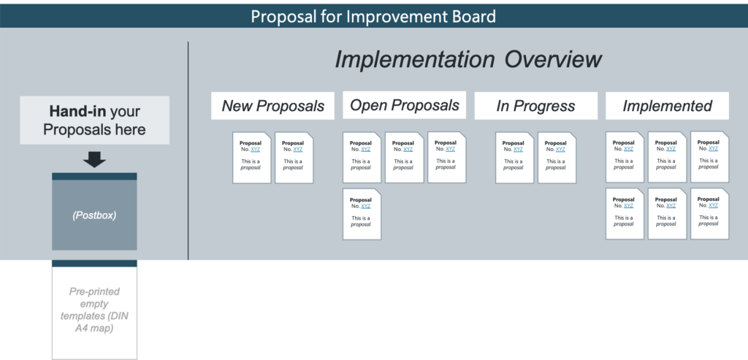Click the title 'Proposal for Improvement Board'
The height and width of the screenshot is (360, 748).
[x=373, y=16]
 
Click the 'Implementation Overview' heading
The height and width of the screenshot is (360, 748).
[x=468, y=60]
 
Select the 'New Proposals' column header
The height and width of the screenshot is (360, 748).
[x=273, y=106]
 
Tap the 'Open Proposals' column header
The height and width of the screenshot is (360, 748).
[x=404, y=105]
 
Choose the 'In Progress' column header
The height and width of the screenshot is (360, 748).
[x=535, y=106]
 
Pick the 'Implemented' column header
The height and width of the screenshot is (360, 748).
[x=667, y=106]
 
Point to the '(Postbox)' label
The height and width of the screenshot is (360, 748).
[x=94, y=215]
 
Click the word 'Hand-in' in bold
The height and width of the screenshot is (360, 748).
[x=77, y=112]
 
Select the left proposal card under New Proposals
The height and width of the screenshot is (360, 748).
[x=251, y=158]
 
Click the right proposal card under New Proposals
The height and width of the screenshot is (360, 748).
[x=294, y=158]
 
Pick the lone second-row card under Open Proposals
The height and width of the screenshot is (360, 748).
[x=362, y=214]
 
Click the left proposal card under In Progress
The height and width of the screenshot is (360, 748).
[x=514, y=158]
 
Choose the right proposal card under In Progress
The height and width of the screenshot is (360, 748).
[x=557, y=158]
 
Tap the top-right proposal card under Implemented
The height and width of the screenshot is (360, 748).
[x=709, y=157]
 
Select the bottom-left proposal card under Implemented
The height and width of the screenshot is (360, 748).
[x=625, y=214]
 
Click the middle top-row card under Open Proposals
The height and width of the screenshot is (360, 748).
[x=404, y=158]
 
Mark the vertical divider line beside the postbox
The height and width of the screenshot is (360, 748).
[x=188, y=150]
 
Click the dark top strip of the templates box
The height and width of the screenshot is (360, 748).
[x=94, y=263]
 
